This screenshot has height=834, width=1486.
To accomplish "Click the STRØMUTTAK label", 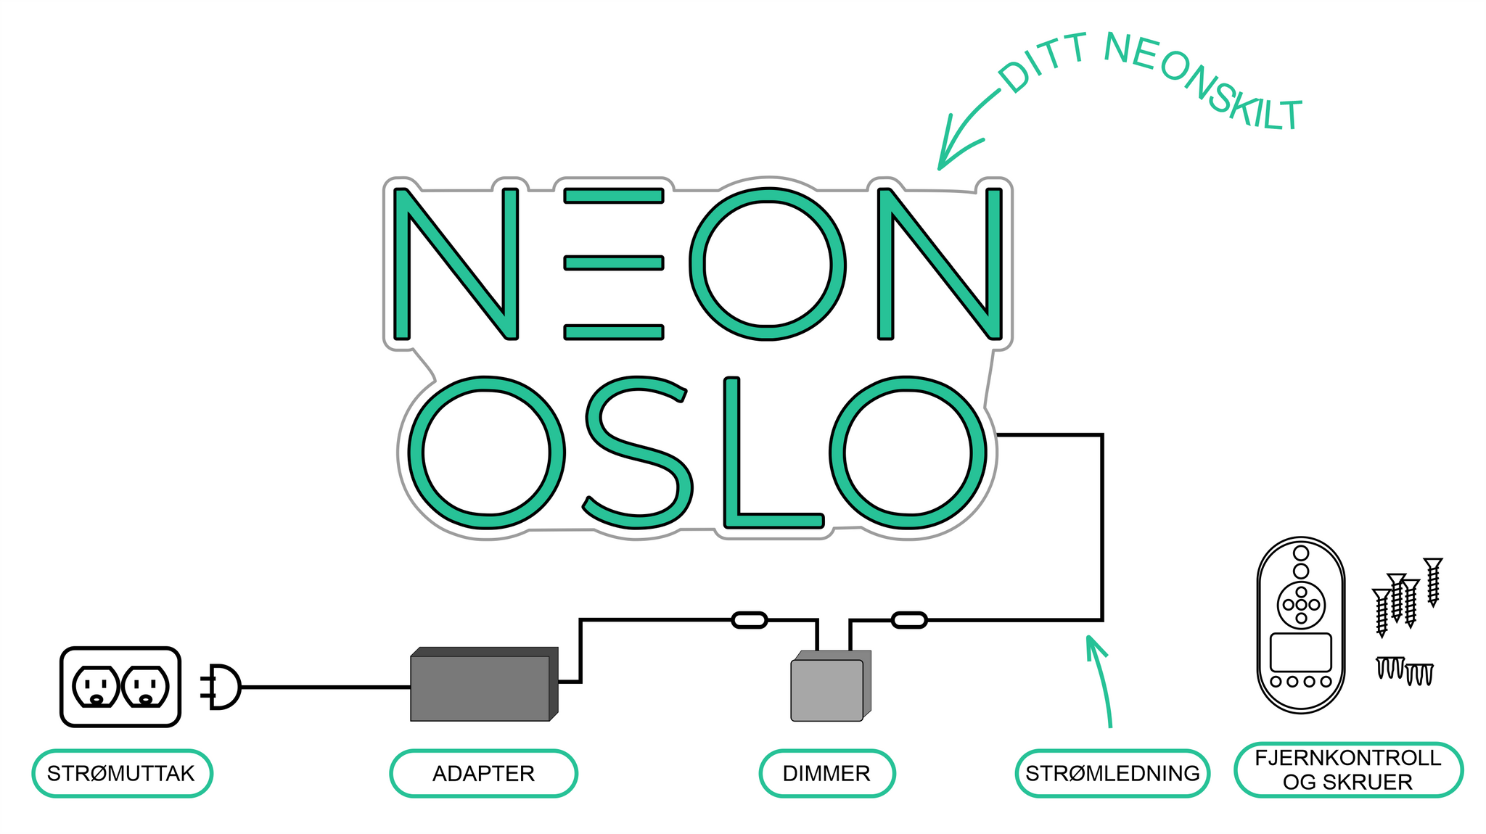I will (122, 773).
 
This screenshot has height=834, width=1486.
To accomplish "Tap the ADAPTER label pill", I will (483, 773).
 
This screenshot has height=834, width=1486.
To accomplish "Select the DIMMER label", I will (826, 773).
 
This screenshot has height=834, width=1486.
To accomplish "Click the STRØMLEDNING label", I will (1112, 773).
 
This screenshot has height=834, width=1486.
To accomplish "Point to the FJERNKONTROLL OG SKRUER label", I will (1347, 769).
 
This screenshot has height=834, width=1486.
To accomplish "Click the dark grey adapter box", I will (480, 688).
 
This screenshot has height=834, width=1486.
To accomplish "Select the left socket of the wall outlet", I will (96, 687).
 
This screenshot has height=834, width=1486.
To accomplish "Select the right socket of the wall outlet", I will (145, 687).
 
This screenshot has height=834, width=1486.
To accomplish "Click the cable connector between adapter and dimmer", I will (749, 620).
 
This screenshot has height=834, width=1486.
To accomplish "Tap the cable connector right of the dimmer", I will (908, 620).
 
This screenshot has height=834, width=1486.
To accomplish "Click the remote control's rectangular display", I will (1300, 652).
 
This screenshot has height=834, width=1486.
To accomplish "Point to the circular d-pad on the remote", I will (1300, 605).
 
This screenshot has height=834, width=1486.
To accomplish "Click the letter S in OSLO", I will (636, 452).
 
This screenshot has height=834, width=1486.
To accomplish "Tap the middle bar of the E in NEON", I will (614, 263).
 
